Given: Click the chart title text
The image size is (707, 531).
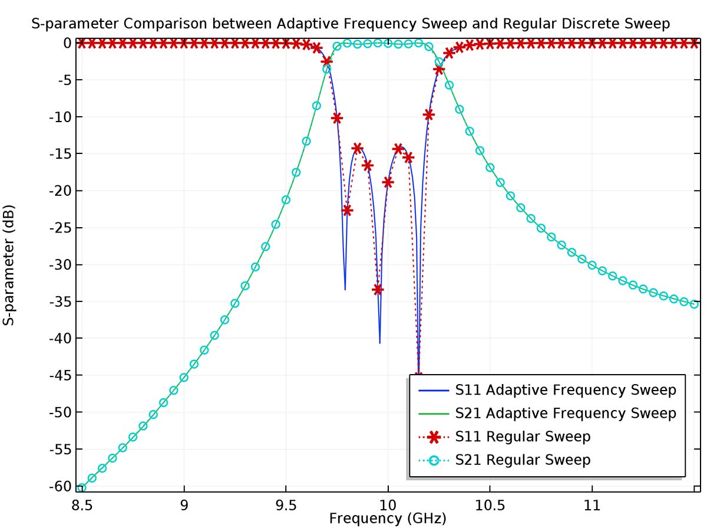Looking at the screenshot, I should point(351,24).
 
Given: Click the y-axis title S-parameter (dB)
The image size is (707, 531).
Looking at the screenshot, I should point(9,265).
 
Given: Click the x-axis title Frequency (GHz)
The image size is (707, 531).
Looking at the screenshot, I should point(388,519).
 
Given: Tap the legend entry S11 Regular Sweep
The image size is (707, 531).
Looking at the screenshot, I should point(523,437).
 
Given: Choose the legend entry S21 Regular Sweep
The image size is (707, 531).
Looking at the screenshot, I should point(523,460).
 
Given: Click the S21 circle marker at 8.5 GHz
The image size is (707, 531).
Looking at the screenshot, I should point(82,488).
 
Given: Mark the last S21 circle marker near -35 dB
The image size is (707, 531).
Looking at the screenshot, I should point(694,304).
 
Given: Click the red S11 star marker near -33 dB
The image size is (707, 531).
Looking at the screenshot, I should point(378,290).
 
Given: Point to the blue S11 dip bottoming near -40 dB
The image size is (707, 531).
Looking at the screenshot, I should point(380,341).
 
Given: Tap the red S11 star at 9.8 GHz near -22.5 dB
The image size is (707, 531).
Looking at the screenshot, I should point(347,210).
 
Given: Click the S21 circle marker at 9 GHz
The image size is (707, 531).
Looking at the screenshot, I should point(184,378).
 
